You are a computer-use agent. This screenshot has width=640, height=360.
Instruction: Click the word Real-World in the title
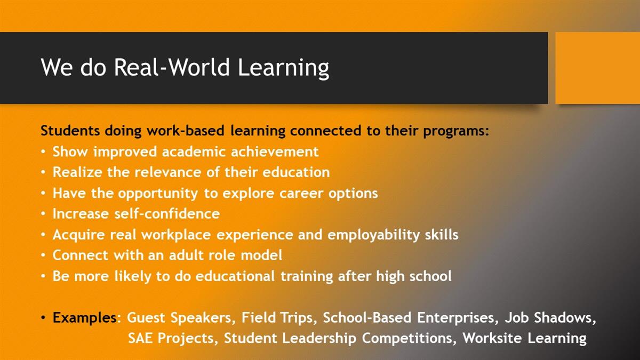(172, 67)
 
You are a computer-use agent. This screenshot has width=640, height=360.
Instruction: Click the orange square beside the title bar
(598, 68)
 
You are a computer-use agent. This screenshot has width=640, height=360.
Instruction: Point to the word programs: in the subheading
(456, 131)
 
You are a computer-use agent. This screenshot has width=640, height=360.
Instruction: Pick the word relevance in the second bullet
(168, 172)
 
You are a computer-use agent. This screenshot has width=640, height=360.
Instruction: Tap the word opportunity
(158, 194)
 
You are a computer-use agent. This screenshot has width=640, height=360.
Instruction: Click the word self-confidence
(167, 214)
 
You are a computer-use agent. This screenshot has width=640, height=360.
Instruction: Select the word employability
(374, 235)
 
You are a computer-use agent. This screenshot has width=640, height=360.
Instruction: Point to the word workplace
(176, 235)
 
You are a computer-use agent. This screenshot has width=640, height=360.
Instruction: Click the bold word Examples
(85, 318)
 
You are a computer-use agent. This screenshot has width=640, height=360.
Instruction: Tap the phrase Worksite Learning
(525, 339)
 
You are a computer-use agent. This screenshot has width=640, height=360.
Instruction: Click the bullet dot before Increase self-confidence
(43, 214)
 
